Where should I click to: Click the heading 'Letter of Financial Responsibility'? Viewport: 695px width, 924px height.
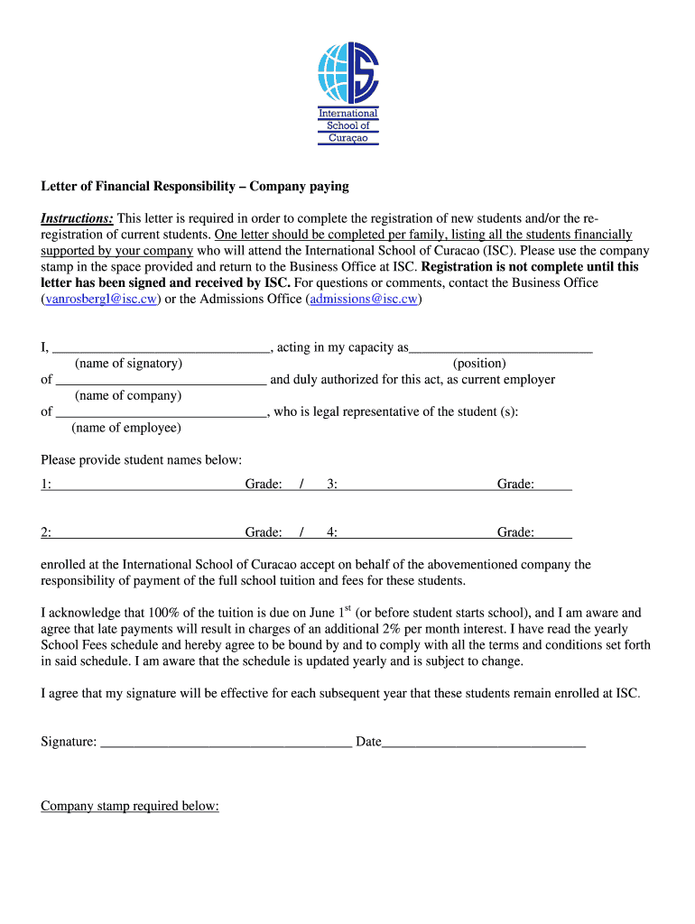pyautogui.click(x=194, y=187)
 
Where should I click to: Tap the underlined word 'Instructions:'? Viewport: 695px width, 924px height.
pyautogui.click(x=77, y=218)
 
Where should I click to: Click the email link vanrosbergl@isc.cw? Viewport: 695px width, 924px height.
pyautogui.click(x=101, y=299)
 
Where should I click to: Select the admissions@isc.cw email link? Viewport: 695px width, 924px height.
pyautogui.click(x=363, y=299)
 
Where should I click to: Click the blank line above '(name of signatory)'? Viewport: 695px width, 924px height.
pyautogui.click(x=161, y=347)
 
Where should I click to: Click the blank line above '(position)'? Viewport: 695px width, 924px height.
pyautogui.click(x=501, y=347)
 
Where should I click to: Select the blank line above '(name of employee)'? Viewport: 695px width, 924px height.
pyautogui.click(x=161, y=412)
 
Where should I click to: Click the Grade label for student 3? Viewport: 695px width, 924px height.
pyautogui.click(x=515, y=485)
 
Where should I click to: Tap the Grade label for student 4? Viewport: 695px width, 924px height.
pyautogui.click(x=515, y=532)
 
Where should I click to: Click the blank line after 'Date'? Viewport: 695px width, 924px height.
pyautogui.click(x=484, y=743)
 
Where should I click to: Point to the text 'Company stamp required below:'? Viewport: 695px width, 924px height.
pyautogui.click(x=130, y=806)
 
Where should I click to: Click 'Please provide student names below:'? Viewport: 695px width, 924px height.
pyautogui.click(x=142, y=460)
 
